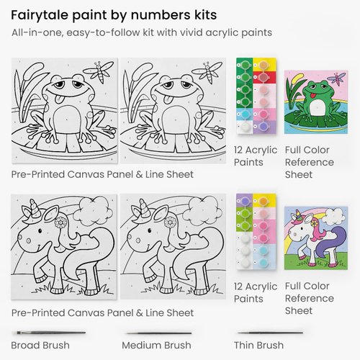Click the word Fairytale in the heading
40,14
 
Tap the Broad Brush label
40,345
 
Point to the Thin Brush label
261,345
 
